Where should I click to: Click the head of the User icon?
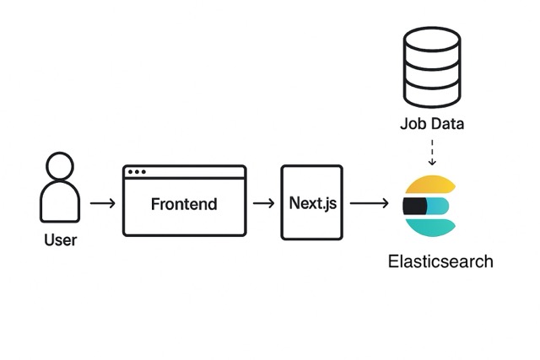pyautogui.click(x=60, y=167)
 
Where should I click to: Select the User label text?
pyautogui.click(x=60, y=240)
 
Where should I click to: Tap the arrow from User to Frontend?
pyautogui.click(x=101, y=203)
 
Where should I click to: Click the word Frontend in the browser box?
pyautogui.click(x=184, y=204)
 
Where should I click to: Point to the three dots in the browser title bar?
pyautogui.click(x=136, y=172)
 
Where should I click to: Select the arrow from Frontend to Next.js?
pyautogui.click(x=263, y=203)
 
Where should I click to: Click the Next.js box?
pyautogui.click(x=312, y=202)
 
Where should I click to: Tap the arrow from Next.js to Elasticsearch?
pyautogui.click(x=369, y=203)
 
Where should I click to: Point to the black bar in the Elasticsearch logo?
pyautogui.click(x=414, y=206)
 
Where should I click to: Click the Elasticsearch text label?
pyautogui.click(x=440, y=261)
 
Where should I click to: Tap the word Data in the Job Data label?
pyautogui.click(x=445, y=125)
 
